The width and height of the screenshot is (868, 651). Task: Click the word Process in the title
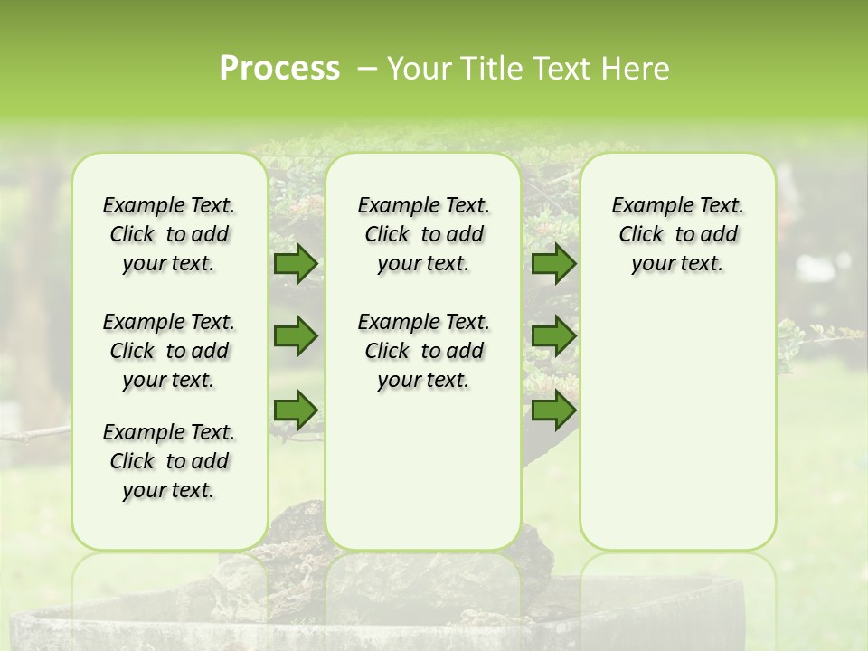(x=279, y=69)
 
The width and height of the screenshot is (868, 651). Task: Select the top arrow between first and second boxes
(x=296, y=264)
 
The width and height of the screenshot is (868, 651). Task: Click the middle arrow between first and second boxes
(x=296, y=337)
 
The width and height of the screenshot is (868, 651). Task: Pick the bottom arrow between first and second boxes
(x=296, y=410)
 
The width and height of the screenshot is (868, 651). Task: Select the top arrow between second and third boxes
(x=553, y=264)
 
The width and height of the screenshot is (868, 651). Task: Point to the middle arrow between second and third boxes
(x=553, y=337)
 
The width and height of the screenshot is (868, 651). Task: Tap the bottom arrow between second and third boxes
(x=553, y=410)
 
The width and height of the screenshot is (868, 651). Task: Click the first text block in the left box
(x=169, y=235)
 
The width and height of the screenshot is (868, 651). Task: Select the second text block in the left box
(x=169, y=351)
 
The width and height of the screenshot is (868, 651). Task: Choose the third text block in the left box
(x=169, y=461)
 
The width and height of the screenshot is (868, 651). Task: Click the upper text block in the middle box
(x=423, y=235)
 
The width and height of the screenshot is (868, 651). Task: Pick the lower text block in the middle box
(x=423, y=351)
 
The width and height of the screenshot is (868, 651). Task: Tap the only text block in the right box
(x=677, y=235)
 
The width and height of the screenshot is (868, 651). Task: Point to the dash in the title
(x=367, y=69)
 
